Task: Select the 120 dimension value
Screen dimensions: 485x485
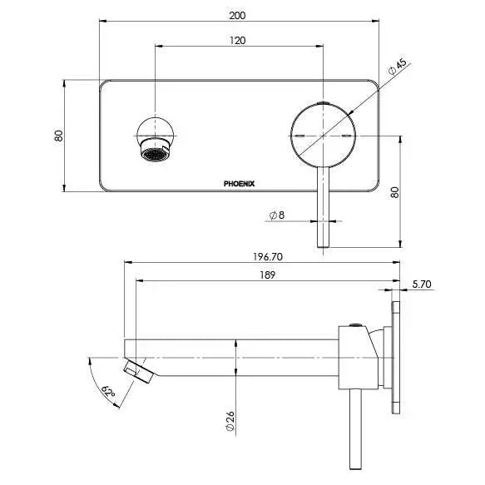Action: [x=240, y=39]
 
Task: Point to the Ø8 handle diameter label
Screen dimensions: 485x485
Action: [x=277, y=215]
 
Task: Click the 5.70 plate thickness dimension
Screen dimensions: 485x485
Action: [x=423, y=284]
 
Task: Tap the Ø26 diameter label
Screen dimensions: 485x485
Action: [x=230, y=420]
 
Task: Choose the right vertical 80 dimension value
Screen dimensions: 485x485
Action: [x=408, y=191]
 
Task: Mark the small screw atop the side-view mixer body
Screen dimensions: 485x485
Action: [x=358, y=324]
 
